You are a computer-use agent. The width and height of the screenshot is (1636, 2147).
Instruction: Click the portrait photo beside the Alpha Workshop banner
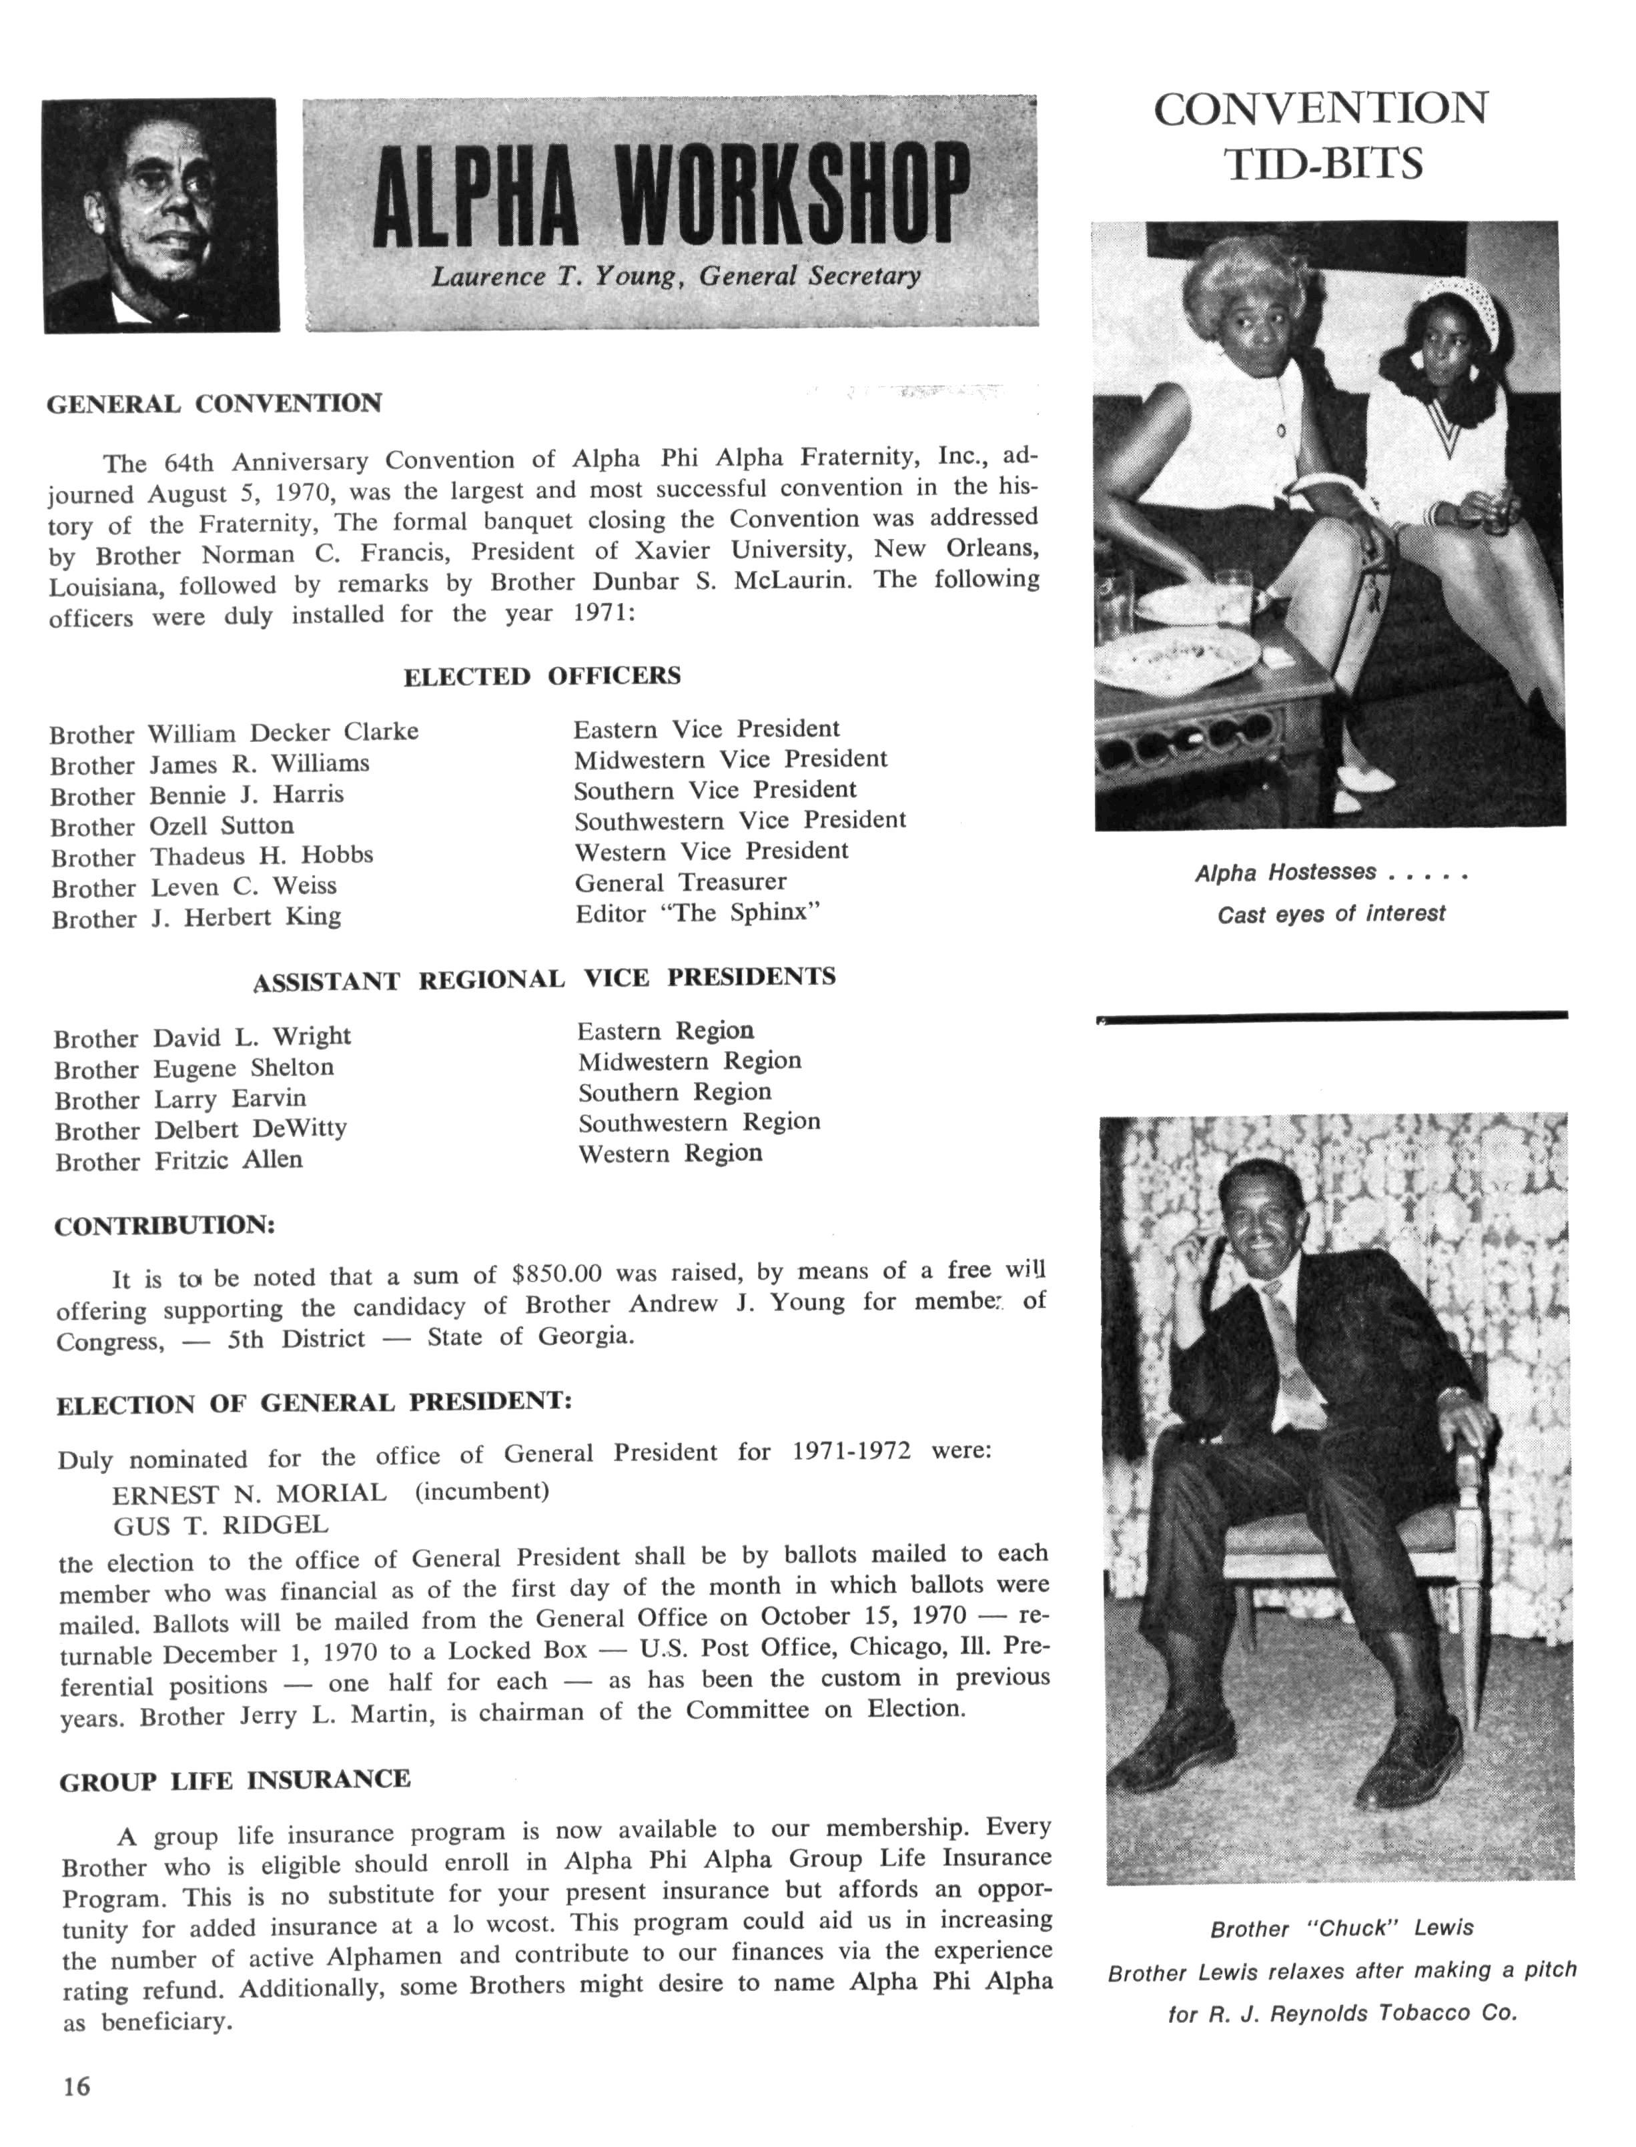[x=161, y=216]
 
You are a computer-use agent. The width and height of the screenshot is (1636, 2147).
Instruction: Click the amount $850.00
[x=557, y=1274]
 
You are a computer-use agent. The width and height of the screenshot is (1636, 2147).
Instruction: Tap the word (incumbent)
[x=482, y=1492]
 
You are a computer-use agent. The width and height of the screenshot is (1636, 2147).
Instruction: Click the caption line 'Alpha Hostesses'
[x=1286, y=873]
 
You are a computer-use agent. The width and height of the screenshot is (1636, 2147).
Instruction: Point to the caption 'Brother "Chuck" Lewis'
[x=1341, y=1928]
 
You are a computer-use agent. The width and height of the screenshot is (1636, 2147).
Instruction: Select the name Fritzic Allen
[x=228, y=1161]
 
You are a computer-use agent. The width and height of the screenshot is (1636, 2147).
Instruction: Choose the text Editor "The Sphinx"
[x=698, y=913]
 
